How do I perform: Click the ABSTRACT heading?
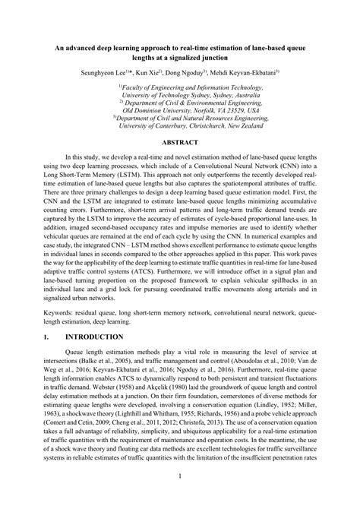(x=180, y=142)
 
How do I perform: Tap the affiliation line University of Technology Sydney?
(x=180, y=97)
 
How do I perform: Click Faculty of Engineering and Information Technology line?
(x=180, y=88)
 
